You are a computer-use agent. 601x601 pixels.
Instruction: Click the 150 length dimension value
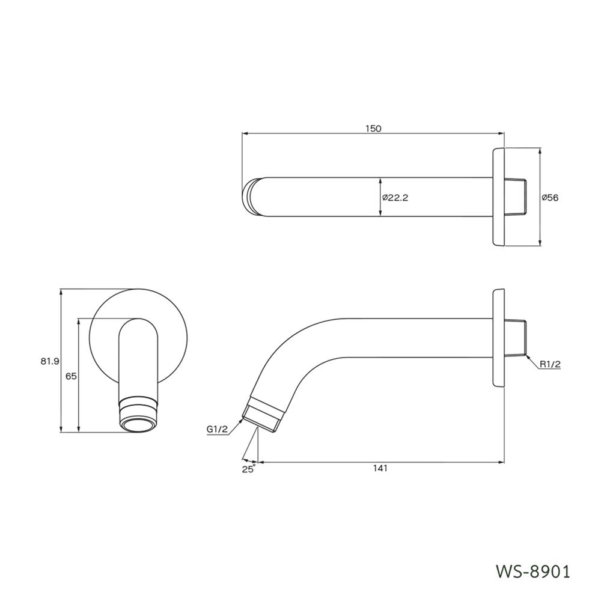[x=373, y=129]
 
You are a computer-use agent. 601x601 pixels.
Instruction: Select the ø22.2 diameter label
[x=395, y=198]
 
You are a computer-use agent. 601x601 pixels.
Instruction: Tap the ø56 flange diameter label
[x=550, y=198]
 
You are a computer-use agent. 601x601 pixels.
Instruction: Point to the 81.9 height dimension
[x=49, y=361]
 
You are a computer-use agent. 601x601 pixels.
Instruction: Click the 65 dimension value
[x=70, y=376]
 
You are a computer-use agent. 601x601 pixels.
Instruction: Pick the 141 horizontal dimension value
[x=379, y=469]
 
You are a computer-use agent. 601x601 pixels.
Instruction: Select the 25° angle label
[x=249, y=469]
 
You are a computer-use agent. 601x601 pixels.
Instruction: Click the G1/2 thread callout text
[x=217, y=429]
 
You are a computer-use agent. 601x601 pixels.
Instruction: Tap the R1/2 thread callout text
[x=550, y=364]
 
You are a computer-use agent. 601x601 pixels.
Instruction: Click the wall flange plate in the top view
[x=499, y=198]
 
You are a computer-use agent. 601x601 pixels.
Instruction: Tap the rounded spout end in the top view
[x=250, y=197]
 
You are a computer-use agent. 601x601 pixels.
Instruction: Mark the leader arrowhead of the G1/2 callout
[x=242, y=421]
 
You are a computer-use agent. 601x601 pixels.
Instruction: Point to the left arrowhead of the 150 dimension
[x=245, y=134]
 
